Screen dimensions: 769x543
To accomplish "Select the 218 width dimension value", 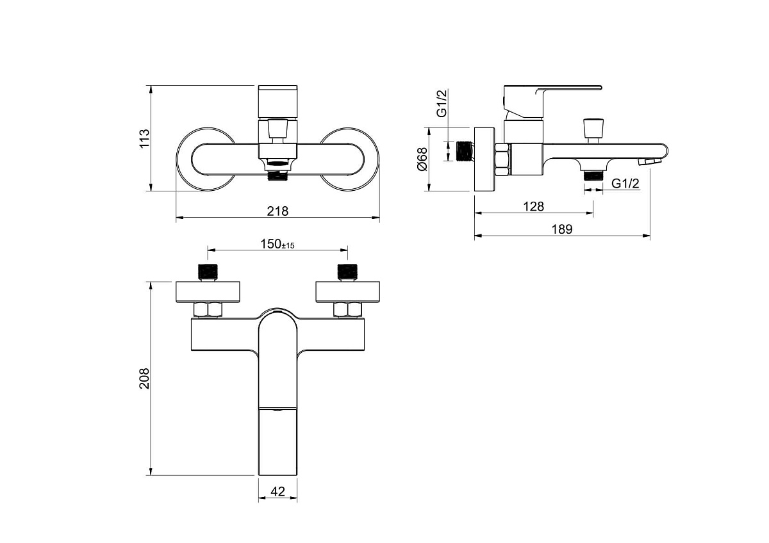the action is (277, 211).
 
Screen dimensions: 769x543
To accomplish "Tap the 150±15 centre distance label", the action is (277, 244).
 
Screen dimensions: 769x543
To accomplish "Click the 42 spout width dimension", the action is (277, 492).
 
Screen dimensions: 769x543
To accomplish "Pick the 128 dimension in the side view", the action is (533, 206).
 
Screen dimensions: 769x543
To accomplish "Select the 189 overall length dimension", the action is (562, 229).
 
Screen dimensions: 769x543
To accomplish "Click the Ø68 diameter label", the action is (422, 159).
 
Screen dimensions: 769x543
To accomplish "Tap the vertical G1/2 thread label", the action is (442, 103).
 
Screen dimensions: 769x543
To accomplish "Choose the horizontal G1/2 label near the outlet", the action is (625, 184).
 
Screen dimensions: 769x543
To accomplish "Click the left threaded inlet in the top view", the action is (208, 271).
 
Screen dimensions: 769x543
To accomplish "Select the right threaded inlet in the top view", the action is (348, 271).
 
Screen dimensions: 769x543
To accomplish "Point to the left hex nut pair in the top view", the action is (208, 310).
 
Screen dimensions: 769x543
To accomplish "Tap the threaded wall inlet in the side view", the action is (465, 151).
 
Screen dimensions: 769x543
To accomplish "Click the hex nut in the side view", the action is (502, 160).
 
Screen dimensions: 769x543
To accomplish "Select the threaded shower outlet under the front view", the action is (277, 176).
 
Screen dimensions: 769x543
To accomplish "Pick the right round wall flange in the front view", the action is (349, 159).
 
